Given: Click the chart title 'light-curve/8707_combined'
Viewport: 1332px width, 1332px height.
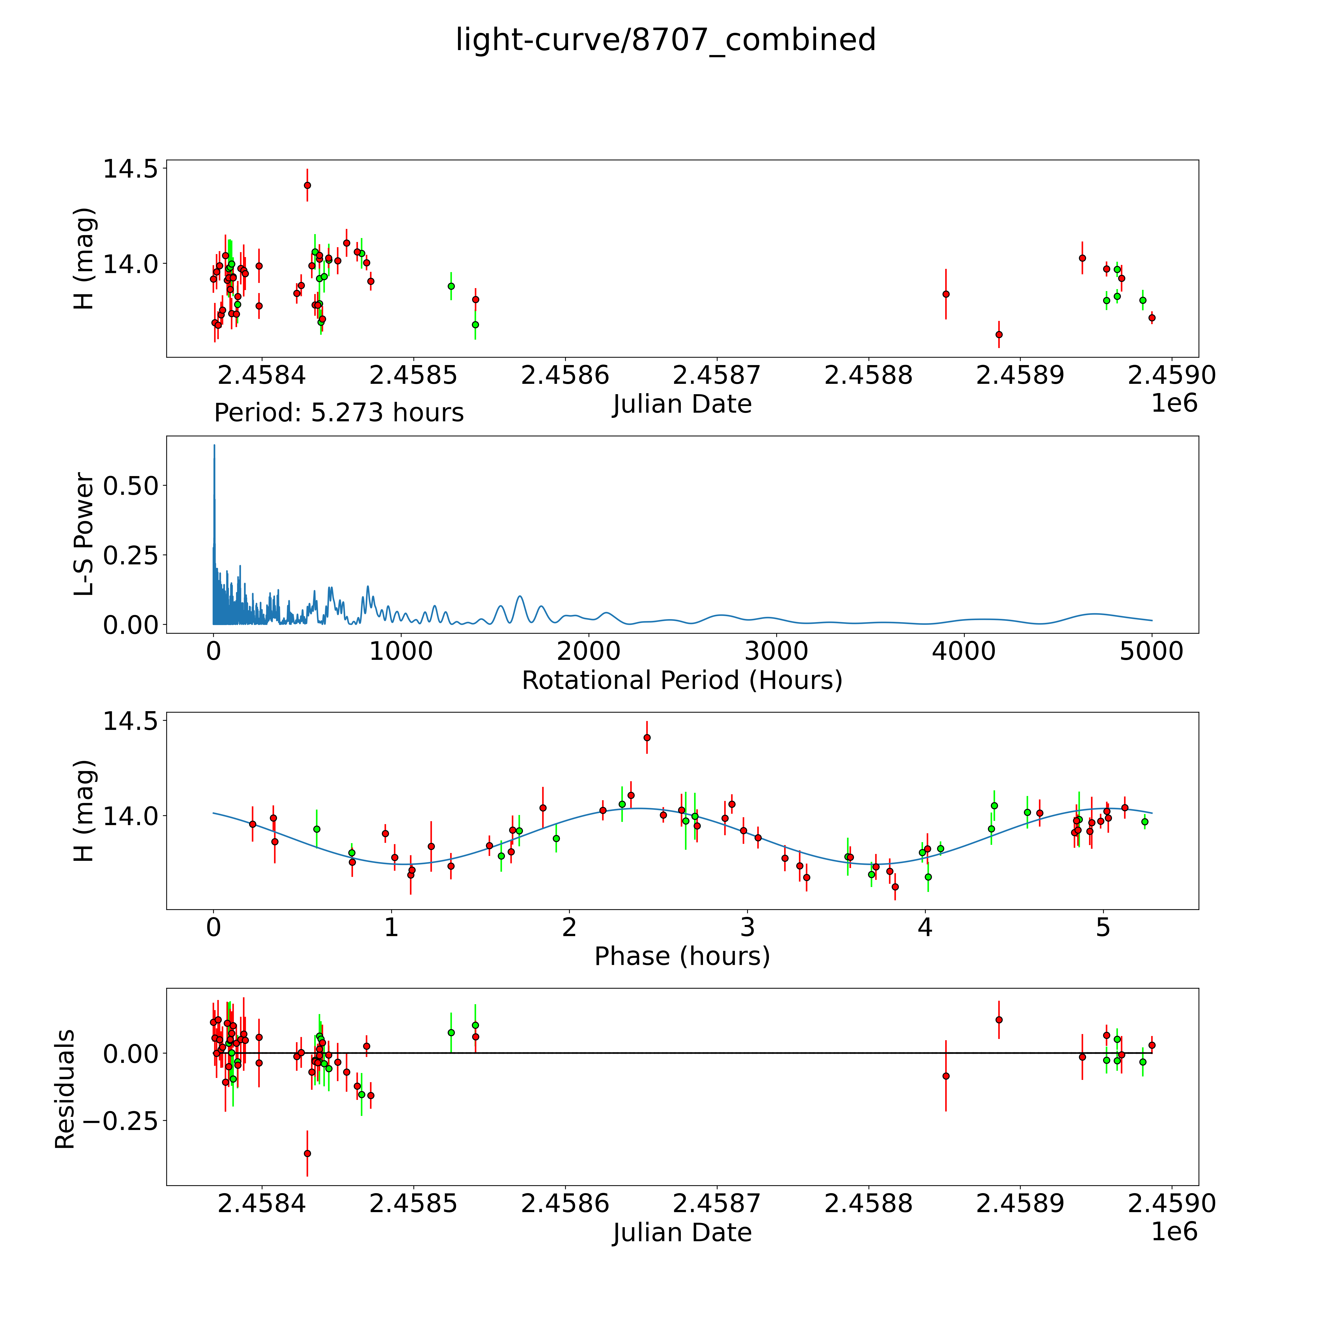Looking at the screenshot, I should [x=665, y=40].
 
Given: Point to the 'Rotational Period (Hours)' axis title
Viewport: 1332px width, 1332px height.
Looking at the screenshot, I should [x=682, y=681].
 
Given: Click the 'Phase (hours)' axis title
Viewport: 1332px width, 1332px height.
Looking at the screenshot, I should [x=682, y=956].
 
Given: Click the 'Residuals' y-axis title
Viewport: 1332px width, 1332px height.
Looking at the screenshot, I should [x=65, y=1089].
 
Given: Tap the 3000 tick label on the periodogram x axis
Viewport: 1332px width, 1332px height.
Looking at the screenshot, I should [x=776, y=651].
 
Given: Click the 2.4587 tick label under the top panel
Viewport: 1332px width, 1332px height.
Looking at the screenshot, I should [x=716, y=376].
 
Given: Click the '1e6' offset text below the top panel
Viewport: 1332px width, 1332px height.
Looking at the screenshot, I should [x=1174, y=403].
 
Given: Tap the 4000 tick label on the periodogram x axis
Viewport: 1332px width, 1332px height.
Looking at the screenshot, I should [x=964, y=651].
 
